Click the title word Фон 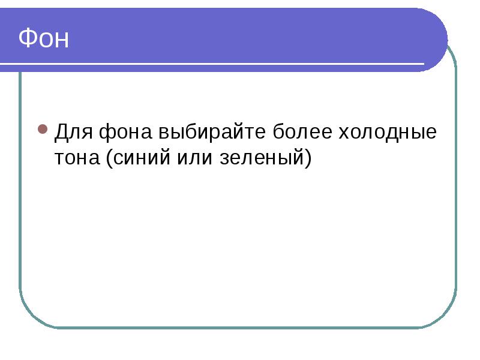tap(43, 38)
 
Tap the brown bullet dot tap(43, 129)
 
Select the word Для tap(74, 132)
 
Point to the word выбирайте tap(212, 132)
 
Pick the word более tap(302, 131)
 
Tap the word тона tap(77, 158)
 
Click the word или tap(194, 158)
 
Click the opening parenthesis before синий tap(110, 158)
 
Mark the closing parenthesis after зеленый tap(308, 158)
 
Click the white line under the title tap(212, 64)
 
